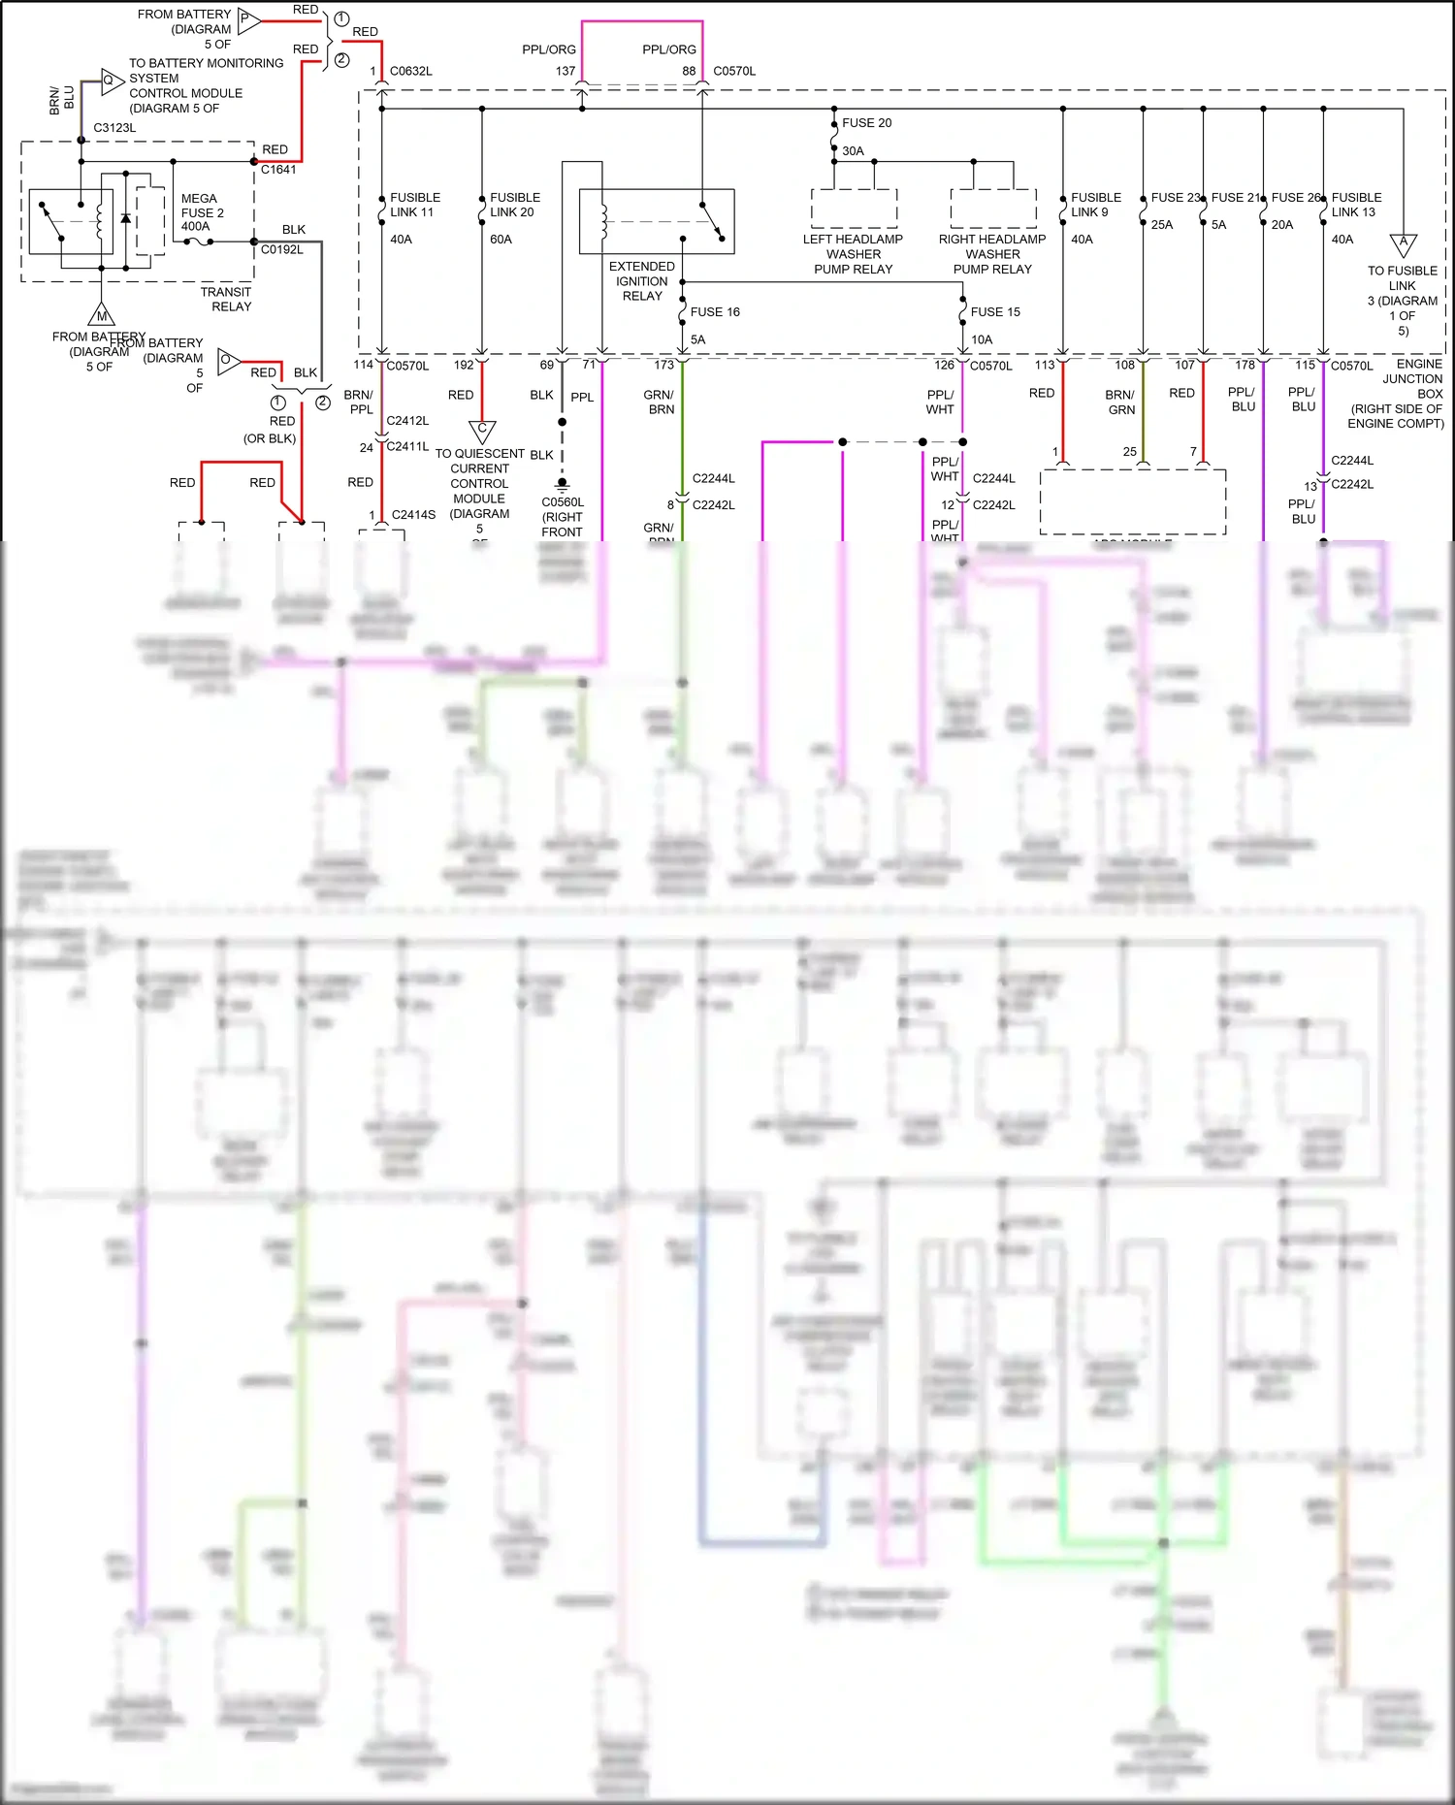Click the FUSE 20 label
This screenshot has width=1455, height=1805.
pyautogui.click(x=866, y=123)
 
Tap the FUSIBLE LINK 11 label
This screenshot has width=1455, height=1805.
pyautogui.click(x=414, y=205)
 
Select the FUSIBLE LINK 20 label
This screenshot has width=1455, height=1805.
pyautogui.click(x=514, y=205)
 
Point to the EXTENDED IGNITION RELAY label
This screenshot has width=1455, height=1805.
pyautogui.click(x=641, y=281)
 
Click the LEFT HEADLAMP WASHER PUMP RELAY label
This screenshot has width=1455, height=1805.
pyautogui.click(x=853, y=254)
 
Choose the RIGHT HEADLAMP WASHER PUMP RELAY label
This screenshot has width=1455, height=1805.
pyautogui.click(x=991, y=254)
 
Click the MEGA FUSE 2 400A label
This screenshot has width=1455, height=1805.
pyautogui.click(x=202, y=212)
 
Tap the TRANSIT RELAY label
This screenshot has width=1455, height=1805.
pyautogui.click(x=226, y=299)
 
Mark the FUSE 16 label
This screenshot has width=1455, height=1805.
pyautogui.click(x=715, y=312)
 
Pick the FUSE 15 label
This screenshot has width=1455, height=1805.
pyautogui.click(x=995, y=312)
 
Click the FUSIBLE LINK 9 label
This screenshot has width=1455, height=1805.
pyautogui.click(x=1095, y=205)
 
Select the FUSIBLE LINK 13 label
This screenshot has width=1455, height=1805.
pyautogui.click(x=1356, y=205)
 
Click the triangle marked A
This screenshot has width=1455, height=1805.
pyautogui.click(x=1403, y=243)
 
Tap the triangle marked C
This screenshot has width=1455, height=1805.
pyautogui.click(x=482, y=430)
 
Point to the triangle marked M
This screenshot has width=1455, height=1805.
pyautogui.click(x=101, y=315)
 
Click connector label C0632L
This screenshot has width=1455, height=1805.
pyautogui.click(x=410, y=72)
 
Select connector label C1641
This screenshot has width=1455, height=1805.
pyautogui.click(x=278, y=170)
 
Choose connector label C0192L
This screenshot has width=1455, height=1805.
pyautogui.click(x=281, y=250)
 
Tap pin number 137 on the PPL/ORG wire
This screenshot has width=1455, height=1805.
pyautogui.click(x=566, y=72)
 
